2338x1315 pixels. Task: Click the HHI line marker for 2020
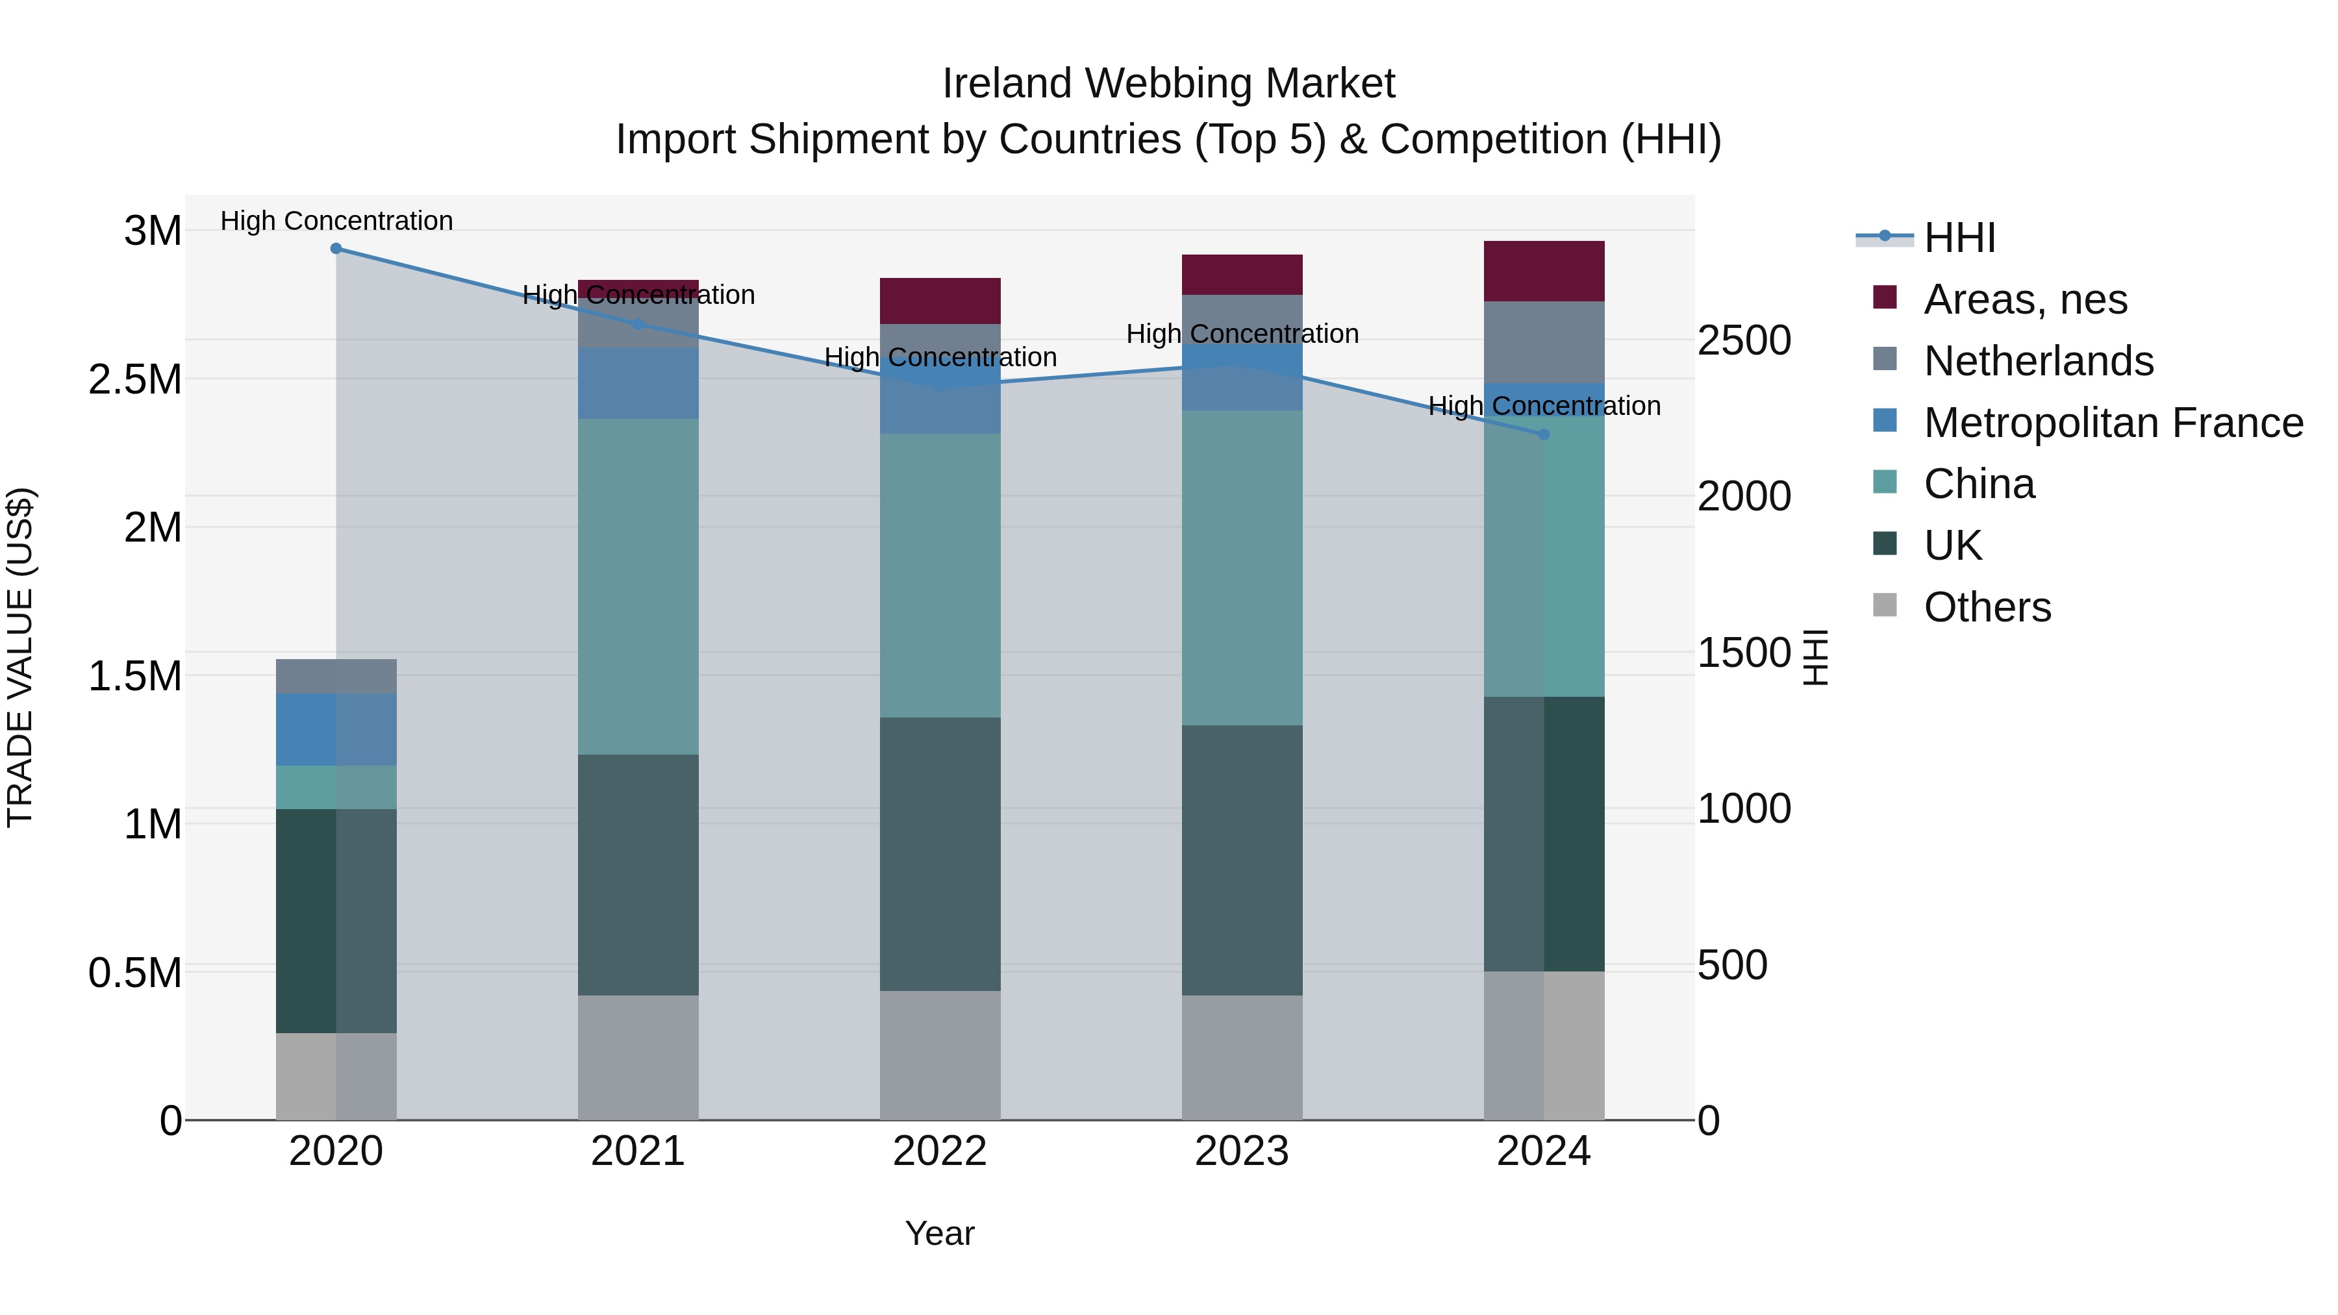pyautogui.click(x=336, y=249)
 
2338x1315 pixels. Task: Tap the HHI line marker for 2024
pyautogui.click(x=1544, y=434)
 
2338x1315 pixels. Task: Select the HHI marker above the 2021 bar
pyautogui.click(x=638, y=325)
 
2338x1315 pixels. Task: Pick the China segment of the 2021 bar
pyautogui.click(x=638, y=586)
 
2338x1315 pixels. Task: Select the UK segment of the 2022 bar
pyautogui.click(x=940, y=853)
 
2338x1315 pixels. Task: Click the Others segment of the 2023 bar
pyautogui.click(x=1242, y=1057)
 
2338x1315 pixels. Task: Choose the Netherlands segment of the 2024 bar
pyautogui.click(x=1544, y=342)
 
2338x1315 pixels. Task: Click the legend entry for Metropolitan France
pyautogui.click(x=2113, y=423)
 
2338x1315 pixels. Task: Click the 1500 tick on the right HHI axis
pyautogui.click(x=1744, y=653)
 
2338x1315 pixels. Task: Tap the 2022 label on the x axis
pyautogui.click(x=940, y=1151)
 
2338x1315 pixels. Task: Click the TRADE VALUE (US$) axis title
pyautogui.click(x=20, y=657)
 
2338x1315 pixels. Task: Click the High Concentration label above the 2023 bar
pyautogui.click(x=1242, y=334)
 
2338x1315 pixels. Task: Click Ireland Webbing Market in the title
pyautogui.click(x=1168, y=84)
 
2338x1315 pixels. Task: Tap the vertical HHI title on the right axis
pyautogui.click(x=1815, y=657)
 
